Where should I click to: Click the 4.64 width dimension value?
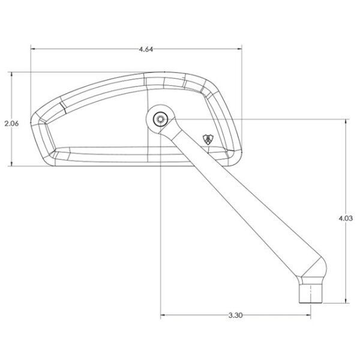146,49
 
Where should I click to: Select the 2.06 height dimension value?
12,124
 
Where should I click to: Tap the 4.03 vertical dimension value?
346,218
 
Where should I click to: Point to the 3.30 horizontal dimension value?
235,315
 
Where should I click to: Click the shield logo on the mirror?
208,139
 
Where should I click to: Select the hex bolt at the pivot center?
160,119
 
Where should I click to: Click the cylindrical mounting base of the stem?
311,293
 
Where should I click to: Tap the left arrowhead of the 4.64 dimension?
33,49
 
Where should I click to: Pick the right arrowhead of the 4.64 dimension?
239,49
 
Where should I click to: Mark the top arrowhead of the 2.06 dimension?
11,74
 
